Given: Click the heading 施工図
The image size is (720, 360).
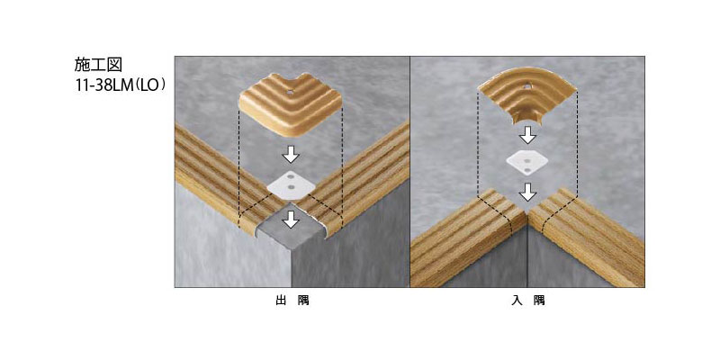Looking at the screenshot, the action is [x=98, y=65].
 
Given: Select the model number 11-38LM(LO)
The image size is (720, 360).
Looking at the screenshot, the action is [x=120, y=86].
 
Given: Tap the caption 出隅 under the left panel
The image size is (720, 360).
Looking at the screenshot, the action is [x=292, y=301].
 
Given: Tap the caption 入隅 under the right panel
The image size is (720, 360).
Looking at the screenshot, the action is [x=527, y=301].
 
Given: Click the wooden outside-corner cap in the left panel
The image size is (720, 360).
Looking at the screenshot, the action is [x=290, y=105].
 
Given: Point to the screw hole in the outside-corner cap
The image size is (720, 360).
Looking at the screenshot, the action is [x=290, y=92].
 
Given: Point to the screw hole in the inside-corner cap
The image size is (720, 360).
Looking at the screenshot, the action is [x=528, y=85].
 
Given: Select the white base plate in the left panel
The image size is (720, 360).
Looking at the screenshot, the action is [x=291, y=185].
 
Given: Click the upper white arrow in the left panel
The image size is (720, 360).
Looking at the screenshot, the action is [x=291, y=154].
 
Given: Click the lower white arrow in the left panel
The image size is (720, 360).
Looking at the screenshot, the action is [x=291, y=219].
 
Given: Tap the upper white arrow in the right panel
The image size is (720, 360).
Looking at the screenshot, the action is [x=528, y=135].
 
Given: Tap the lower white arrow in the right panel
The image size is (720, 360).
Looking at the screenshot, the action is [x=528, y=192].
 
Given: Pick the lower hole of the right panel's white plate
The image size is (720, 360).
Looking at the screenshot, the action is [x=527, y=170].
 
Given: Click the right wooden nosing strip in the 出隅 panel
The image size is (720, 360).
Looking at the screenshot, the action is [x=358, y=179].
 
